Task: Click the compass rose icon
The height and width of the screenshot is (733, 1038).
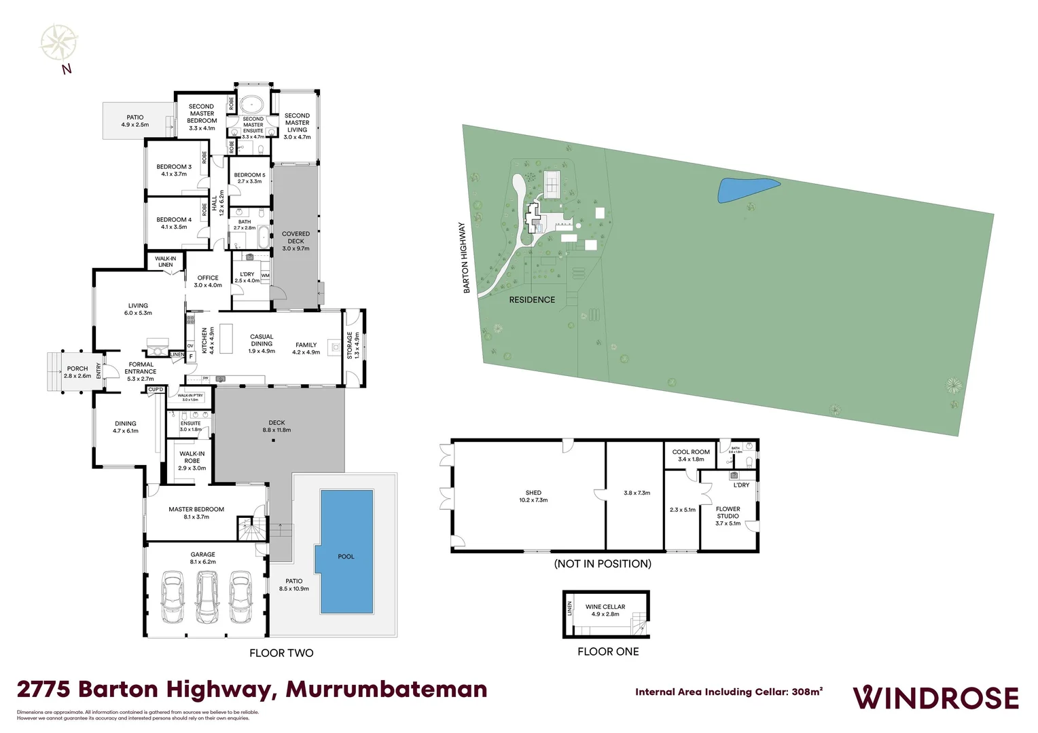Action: point(59,43)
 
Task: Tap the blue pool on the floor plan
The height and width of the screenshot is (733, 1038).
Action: point(346,551)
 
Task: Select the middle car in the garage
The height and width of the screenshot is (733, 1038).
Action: point(207,597)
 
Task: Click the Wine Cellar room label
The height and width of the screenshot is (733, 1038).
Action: point(605,610)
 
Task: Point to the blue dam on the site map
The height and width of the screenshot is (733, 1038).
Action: point(747,189)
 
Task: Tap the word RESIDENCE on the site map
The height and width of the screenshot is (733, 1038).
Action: point(532,299)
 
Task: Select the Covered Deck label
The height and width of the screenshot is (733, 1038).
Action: point(296,241)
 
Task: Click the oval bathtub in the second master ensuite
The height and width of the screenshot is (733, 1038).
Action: point(253,104)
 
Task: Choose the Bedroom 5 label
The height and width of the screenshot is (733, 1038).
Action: point(249,178)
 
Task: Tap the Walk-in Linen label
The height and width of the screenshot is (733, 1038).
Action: point(165,261)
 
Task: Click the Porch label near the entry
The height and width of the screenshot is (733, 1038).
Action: point(77,372)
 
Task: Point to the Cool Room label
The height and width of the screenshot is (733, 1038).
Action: point(691,455)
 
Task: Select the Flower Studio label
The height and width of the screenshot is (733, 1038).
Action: point(728,516)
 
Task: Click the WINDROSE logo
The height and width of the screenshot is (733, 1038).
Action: point(935,698)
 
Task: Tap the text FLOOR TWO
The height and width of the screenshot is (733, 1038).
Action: point(281,653)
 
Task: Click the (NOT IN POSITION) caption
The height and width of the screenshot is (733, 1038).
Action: point(603,563)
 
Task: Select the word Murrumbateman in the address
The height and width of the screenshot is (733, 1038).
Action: point(387,690)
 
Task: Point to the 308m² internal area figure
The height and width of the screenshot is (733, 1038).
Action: point(807,692)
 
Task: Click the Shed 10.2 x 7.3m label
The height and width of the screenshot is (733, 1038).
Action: point(533,496)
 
